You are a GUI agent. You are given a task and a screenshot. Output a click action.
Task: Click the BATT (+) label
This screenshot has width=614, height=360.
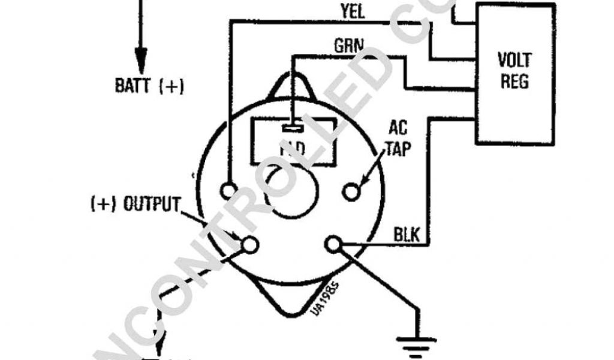click(149, 85)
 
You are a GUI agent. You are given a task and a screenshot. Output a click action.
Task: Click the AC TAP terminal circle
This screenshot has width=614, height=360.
click(351, 191)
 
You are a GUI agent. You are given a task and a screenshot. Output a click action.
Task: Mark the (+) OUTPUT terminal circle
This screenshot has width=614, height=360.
click(249, 244)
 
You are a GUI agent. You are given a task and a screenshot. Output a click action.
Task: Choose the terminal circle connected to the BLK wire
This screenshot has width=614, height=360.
click(333, 244)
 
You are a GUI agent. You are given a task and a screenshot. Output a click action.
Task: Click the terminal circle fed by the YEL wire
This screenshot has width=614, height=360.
click(228, 191)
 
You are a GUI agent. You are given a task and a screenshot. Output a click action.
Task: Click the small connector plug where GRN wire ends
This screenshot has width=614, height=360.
click(291, 128)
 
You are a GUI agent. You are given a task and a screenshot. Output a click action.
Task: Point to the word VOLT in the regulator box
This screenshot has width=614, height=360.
click(514, 60)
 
